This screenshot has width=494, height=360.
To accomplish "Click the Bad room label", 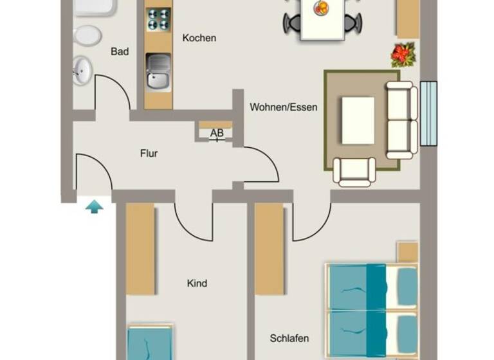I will [120, 51].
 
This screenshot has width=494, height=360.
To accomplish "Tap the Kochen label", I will [199, 38].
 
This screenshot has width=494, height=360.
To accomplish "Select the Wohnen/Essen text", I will [284, 107].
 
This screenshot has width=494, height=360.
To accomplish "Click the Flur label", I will [149, 154].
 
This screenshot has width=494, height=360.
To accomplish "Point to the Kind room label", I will [197, 283].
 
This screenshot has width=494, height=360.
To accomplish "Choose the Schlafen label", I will [289, 338].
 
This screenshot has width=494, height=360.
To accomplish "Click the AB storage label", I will [217, 134].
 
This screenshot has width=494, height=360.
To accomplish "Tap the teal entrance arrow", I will [95, 206].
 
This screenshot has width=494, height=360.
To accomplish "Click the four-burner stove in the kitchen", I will [158, 19].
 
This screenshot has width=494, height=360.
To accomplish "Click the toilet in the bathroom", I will [87, 35].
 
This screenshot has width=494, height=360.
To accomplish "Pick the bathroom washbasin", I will [82, 70].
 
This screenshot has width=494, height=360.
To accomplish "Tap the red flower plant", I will [403, 55].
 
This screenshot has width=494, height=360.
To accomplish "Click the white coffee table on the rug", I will [358, 120].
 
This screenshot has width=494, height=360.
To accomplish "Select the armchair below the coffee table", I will [354, 171].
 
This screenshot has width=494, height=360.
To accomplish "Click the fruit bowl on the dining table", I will [320, 8].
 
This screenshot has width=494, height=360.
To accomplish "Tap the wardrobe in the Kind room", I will [140, 249].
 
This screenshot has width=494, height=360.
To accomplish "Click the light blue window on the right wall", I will [428, 113].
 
